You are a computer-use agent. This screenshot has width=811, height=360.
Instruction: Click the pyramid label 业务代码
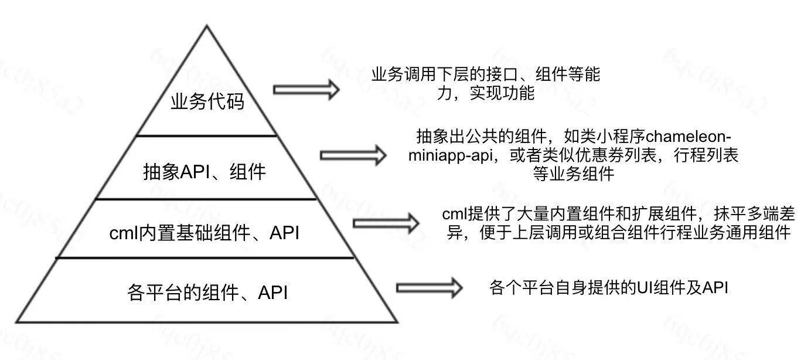[x=207, y=101]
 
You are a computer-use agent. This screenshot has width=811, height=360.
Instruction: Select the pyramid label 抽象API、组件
[x=205, y=172]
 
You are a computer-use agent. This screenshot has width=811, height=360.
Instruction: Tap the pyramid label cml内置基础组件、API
[x=205, y=233]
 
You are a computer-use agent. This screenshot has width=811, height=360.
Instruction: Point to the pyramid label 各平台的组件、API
[x=207, y=292]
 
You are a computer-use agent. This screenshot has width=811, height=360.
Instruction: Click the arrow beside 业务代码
[x=306, y=90]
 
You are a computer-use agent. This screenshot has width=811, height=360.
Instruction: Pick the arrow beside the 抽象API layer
[x=353, y=155]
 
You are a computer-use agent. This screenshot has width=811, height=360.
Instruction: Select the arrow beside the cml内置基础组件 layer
[x=386, y=223]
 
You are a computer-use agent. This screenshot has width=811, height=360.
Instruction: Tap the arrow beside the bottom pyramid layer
[x=430, y=288]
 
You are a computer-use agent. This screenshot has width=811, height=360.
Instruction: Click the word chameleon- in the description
[x=689, y=137]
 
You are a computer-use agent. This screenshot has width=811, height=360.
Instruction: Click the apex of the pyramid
[x=207, y=25]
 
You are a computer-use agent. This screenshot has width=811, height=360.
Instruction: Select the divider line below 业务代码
[x=207, y=136]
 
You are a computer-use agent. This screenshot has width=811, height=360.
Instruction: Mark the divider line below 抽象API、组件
[x=206, y=199]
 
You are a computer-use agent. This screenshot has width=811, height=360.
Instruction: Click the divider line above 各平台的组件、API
[x=205, y=258]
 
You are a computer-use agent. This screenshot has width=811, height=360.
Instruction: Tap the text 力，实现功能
[x=486, y=93]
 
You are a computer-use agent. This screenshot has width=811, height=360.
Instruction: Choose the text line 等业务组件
[x=574, y=174]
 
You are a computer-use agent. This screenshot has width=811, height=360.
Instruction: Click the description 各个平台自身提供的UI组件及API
[x=609, y=287]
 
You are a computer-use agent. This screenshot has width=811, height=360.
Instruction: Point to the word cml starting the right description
[x=455, y=214]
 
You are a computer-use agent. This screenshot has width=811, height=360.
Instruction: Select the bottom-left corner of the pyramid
[x=16, y=322]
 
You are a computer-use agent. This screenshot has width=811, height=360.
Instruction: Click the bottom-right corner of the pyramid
[x=398, y=322]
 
